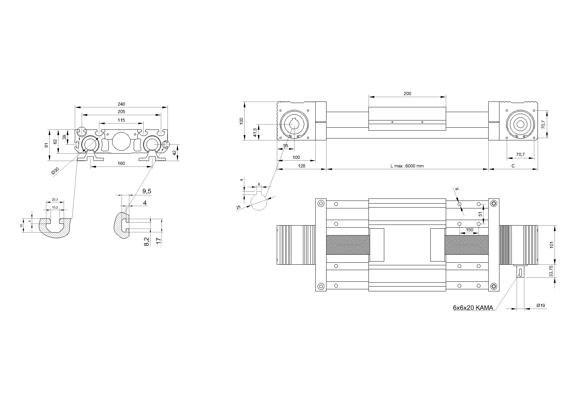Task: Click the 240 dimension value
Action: pos(121,104)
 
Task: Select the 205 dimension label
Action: pos(121,112)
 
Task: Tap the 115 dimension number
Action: pos(121,120)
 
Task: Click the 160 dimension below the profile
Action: pos(121,164)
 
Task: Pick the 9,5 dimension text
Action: pos(147,191)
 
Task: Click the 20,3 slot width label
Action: pos(55,200)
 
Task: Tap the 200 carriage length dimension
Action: pos(407,94)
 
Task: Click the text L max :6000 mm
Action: pos(407,166)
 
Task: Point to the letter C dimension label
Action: pos(513,166)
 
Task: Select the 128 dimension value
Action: pos(301,166)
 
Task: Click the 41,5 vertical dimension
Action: pos(255,132)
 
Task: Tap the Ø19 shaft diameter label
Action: pos(541,306)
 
